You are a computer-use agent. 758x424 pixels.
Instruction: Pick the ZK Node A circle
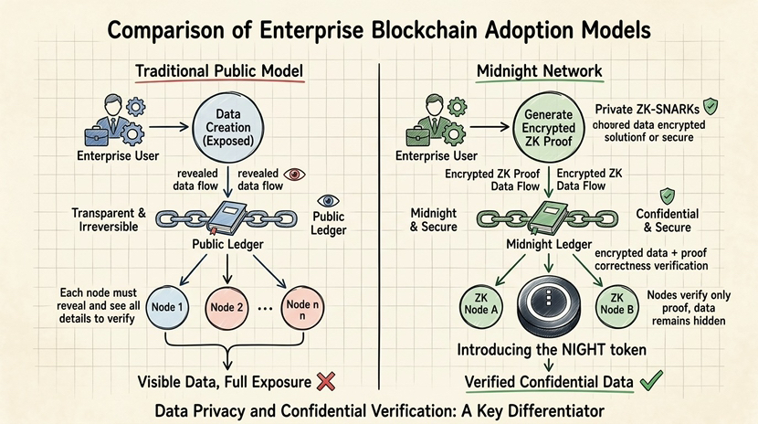pyautogui.click(x=490, y=304)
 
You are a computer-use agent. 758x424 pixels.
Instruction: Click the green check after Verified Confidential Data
pyautogui.click(x=650, y=380)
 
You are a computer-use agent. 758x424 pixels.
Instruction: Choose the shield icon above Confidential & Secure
pyautogui.click(x=668, y=196)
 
